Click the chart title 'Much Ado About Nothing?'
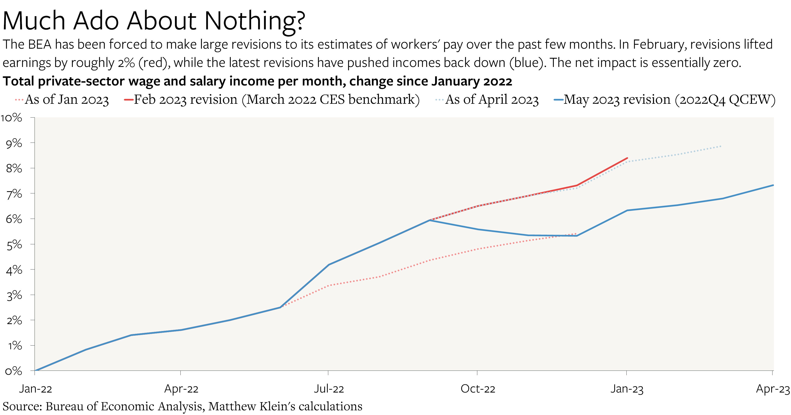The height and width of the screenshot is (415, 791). pyautogui.click(x=154, y=21)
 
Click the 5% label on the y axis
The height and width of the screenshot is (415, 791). pyautogui.click(x=14, y=244)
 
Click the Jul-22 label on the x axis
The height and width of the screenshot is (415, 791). pyautogui.click(x=328, y=389)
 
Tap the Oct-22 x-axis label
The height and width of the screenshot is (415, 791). pyautogui.click(x=478, y=389)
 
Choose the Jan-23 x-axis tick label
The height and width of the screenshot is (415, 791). pyautogui.click(x=626, y=389)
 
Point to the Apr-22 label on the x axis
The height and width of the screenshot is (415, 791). pyautogui.click(x=181, y=389)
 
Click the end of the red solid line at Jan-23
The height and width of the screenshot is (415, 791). pyautogui.click(x=627, y=158)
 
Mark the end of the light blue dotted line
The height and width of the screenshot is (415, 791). pyautogui.click(x=720, y=146)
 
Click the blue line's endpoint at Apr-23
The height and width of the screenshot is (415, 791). pyautogui.click(x=772, y=185)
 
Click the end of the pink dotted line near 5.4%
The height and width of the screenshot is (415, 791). pyautogui.click(x=576, y=234)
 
